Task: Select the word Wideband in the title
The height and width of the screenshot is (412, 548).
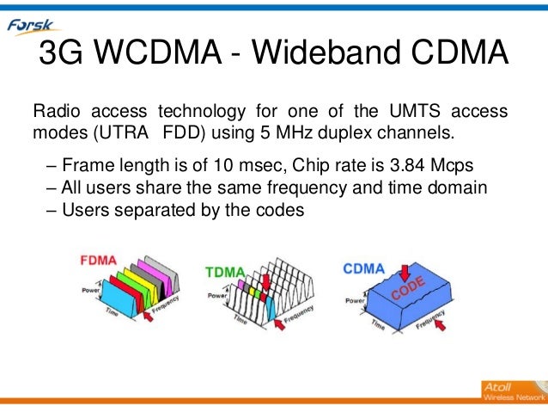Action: pos(334,58)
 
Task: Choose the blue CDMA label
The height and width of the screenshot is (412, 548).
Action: pos(363,267)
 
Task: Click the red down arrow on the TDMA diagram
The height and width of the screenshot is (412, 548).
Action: pos(264,281)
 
